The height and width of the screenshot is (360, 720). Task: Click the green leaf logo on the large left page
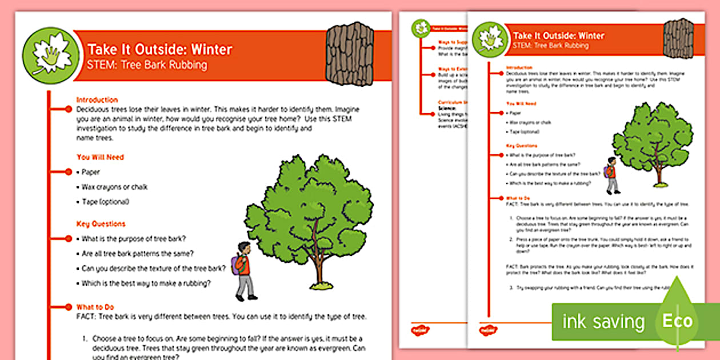pyautogui.click(x=50, y=55)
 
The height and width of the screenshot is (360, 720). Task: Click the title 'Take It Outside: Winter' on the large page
pyautogui.click(x=159, y=50)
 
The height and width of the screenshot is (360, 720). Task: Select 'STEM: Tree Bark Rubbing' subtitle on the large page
pyautogui.click(x=147, y=65)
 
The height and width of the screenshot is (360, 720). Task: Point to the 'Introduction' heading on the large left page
pyautogui.click(x=97, y=99)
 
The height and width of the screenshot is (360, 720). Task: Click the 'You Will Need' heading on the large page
pyautogui.click(x=100, y=157)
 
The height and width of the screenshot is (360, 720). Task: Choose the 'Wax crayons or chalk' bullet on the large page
pyautogui.click(x=114, y=187)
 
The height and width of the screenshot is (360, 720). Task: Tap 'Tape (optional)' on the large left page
pyautogui.click(x=105, y=202)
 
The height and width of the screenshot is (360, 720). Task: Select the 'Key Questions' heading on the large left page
pyautogui.click(x=101, y=224)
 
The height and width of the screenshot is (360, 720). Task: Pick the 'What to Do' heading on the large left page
pyautogui.click(x=95, y=307)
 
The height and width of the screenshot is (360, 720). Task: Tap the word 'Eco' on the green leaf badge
pyautogui.click(x=677, y=321)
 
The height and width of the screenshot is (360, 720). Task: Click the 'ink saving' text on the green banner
pyautogui.click(x=603, y=321)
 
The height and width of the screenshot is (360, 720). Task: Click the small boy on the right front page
pyautogui.click(x=611, y=175)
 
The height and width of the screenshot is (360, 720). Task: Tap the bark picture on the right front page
pyautogui.click(x=678, y=38)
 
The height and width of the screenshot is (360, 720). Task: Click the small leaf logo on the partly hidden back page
pyautogui.click(x=422, y=27)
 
